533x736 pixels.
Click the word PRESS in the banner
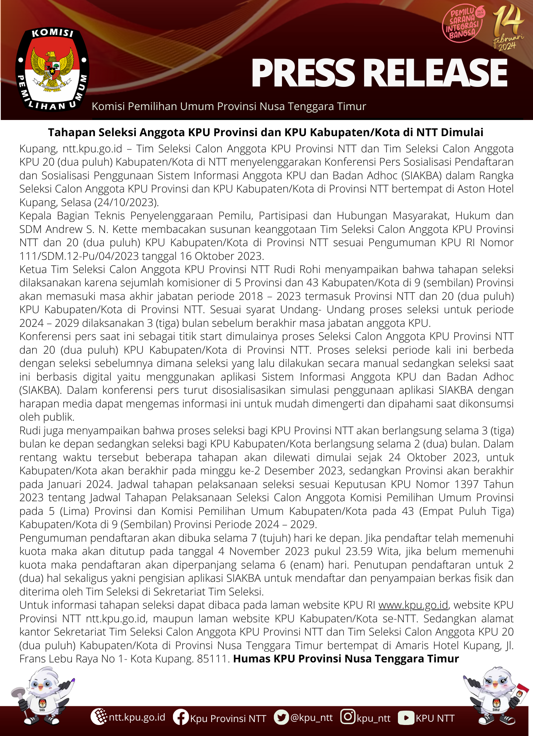click(x=303, y=73)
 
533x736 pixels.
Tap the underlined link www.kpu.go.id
click(x=413, y=605)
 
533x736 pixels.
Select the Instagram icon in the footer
click(x=347, y=716)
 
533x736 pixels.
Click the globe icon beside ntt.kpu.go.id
click(x=99, y=716)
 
